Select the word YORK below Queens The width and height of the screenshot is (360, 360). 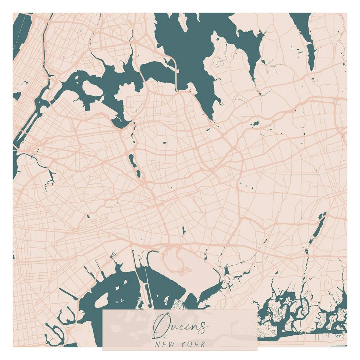click(194, 344)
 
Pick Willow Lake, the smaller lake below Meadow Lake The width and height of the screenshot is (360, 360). click(138, 174)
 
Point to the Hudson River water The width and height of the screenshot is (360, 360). click(18, 40)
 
